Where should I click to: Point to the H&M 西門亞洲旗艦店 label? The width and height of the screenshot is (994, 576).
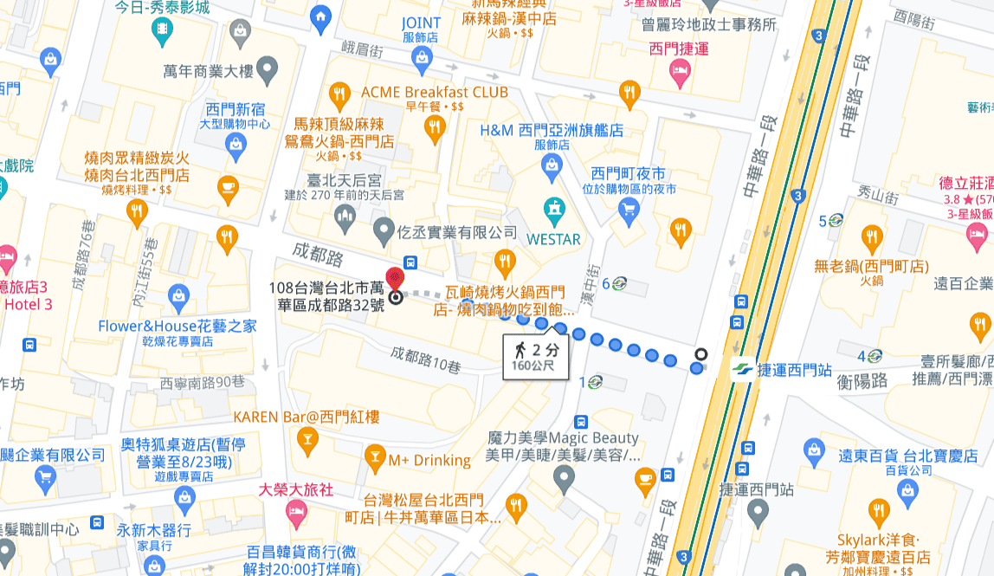pyautogui.click(x=552, y=131)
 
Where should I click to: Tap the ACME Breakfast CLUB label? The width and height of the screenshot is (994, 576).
pyautogui.click(x=434, y=93)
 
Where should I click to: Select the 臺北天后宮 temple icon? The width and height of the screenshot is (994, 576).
pyautogui.click(x=345, y=213)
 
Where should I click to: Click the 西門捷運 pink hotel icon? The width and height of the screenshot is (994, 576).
pyautogui.click(x=680, y=74)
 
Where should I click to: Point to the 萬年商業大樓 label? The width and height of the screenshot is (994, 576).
pyautogui.click(x=206, y=70)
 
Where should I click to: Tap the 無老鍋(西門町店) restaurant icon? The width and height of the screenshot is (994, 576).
pyautogui.click(x=872, y=237)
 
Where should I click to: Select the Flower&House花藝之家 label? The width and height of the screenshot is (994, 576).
pyautogui.click(x=177, y=327)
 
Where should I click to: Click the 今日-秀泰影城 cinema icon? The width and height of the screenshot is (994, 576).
pyautogui.click(x=161, y=32)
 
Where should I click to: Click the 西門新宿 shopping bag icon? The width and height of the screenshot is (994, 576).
pyautogui.click(x=236, y=148)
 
